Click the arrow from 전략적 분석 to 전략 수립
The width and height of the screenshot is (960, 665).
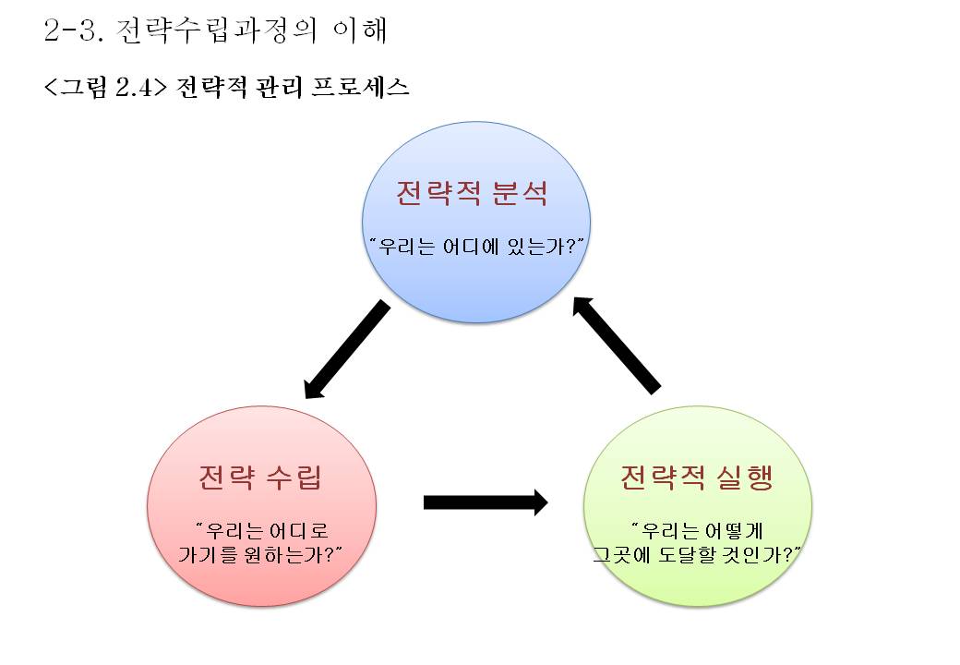pos(346,350)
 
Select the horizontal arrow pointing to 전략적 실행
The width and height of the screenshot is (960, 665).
pos(485,502)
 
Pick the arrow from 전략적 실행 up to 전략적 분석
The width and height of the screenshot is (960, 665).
pos(617,343)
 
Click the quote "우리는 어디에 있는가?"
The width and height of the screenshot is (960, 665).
pos(476,247)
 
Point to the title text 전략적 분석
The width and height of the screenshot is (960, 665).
pos(473,194)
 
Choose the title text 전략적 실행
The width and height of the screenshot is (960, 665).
pos(697,478)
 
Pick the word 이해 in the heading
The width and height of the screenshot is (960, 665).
pos(359,30)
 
